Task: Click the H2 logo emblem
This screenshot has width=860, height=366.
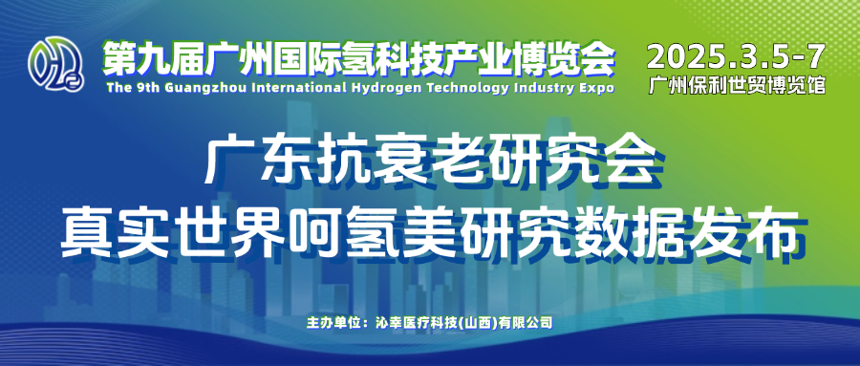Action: (56, 64)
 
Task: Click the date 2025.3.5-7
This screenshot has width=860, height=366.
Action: (737, 56)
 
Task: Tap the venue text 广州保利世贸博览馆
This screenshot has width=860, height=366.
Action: (737, 85)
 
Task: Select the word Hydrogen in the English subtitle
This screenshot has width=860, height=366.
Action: (384, 88)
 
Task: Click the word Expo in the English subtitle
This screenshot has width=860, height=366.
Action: (602, 88)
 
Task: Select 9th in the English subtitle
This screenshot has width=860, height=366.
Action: (133, 88)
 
